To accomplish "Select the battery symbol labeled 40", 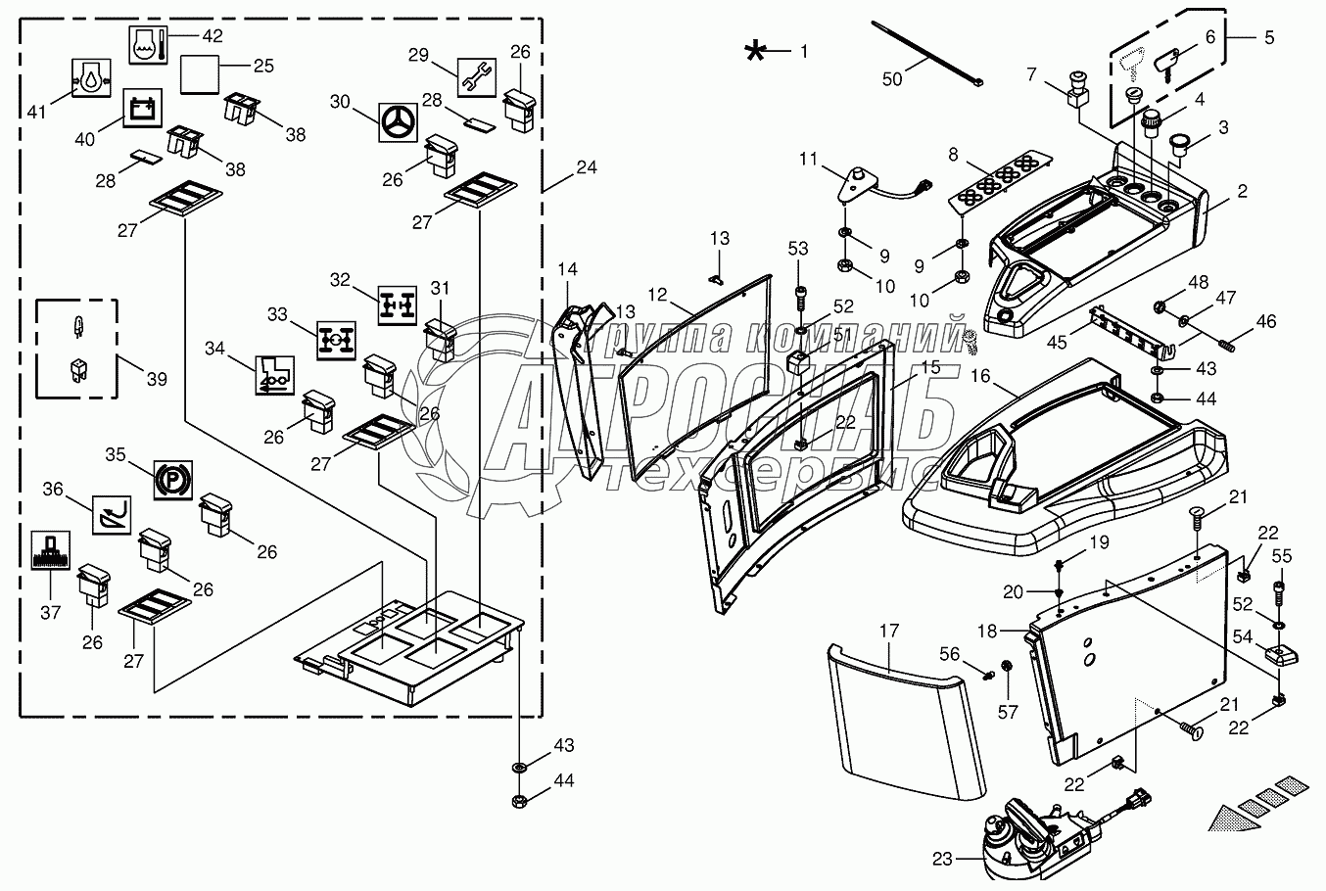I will (x=138, y=108).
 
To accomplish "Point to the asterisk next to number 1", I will (x=755, y=51).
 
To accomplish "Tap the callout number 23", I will (x=941, y=860).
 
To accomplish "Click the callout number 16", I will (x=980, y=376).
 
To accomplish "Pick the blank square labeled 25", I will (x=202, y=72).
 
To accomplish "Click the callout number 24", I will (x=586, y=166).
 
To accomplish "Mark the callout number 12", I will (x=656, y=293).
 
